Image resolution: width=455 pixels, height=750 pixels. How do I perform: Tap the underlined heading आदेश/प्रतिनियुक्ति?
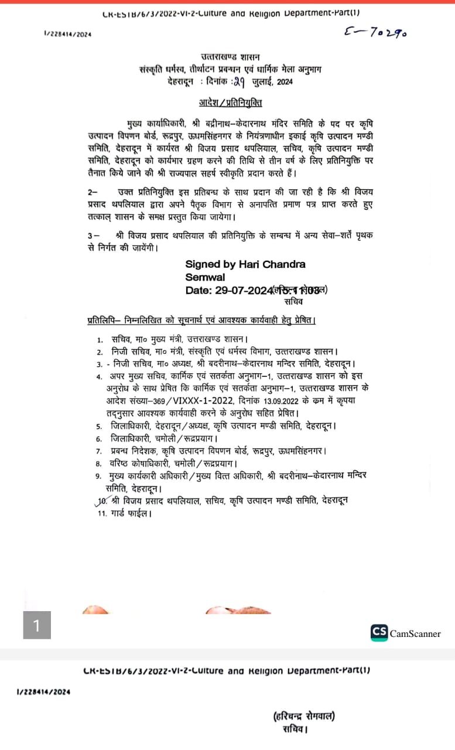coord(230,104)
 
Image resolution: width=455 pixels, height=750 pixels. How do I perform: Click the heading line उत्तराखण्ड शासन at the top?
coord(227,57)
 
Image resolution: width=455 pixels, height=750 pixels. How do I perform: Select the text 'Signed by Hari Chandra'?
coord(245,264)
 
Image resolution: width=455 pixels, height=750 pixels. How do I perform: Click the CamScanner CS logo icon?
coord(379,632)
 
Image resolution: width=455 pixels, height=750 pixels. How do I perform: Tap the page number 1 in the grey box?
coord(36,625)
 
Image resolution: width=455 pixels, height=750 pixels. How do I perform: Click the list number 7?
coord(100,451)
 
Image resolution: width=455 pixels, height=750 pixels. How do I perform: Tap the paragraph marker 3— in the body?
coord(93,234)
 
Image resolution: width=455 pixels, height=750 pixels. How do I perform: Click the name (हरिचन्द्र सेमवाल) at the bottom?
coord(304,716)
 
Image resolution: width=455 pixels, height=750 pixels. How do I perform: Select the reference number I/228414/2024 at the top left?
coord(67,35)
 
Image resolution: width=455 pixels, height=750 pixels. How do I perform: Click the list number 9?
coord(99,476)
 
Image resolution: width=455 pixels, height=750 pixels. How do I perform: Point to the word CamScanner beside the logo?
coord(415,633)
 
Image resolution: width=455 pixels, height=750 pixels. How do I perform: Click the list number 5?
coord(100,425)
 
